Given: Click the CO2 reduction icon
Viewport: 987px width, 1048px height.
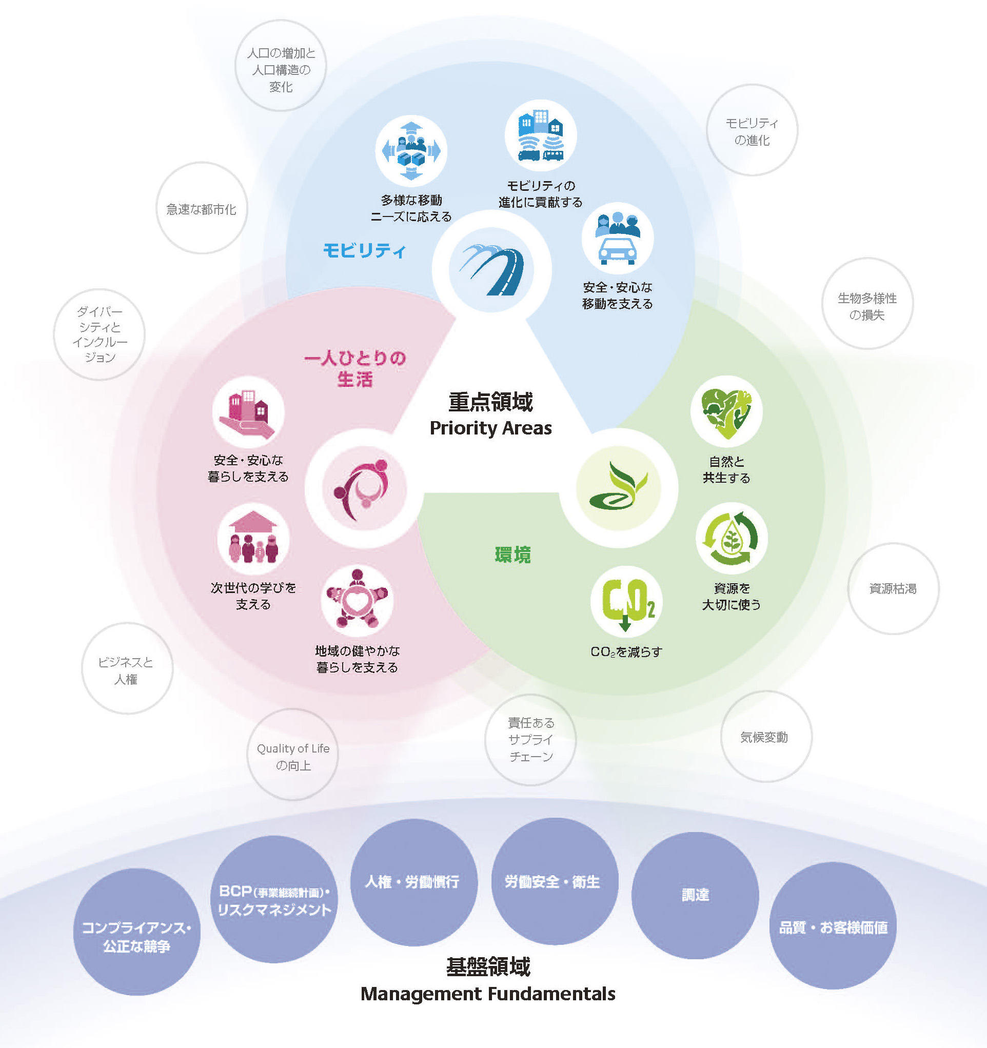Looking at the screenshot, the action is coord(626,602).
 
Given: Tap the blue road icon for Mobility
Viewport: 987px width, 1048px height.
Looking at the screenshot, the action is coord(491,269).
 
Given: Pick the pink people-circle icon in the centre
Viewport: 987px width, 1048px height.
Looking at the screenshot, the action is coord(364,488).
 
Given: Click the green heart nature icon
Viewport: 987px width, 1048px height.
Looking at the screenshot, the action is coord(726,412).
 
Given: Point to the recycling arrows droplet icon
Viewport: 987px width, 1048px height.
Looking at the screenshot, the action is coord(732,538).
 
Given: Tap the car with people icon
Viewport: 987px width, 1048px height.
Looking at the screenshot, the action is coord(618,239).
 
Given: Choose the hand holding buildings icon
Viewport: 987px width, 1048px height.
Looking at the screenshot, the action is coord(248,412).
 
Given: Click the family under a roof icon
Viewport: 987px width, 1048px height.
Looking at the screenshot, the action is coord(253,539).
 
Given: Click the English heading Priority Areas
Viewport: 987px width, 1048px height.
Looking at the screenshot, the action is coord(491,428).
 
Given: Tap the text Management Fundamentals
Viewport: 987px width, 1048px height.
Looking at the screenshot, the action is coord(488,994).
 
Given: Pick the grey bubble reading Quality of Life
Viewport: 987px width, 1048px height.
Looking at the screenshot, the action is coord(292,755).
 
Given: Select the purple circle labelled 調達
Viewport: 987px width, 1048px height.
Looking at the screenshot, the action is coord(695,895).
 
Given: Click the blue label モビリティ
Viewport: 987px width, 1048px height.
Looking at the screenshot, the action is coord(364,250).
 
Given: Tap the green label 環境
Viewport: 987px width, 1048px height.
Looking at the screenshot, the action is coord(512,555).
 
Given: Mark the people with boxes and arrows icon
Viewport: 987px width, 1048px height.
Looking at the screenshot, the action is coord(411,151).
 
